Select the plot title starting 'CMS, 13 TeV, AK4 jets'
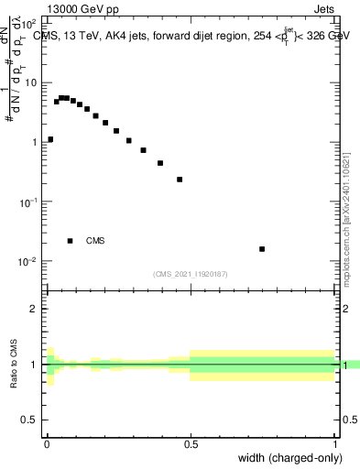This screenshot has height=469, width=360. tap(192, 36)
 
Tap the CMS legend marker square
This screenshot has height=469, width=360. tap(70, 241)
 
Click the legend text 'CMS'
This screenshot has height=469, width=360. tap(95, 241)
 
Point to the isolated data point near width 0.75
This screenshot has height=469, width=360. tap(262, 248)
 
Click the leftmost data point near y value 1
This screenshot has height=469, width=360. tap(50, 139)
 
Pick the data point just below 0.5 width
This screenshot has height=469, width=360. tap(180, 180)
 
